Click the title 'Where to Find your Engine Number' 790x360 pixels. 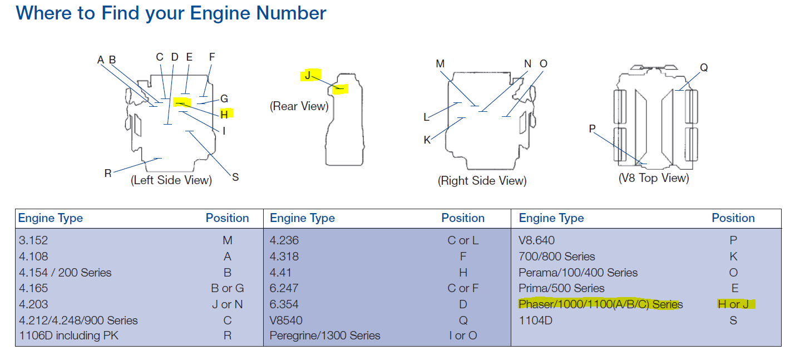pyautogui.click(x=171, y=13)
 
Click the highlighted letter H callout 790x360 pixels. pyautogui.click(x=224, y=114)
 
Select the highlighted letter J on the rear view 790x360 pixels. pyautogui.click(x=308, y=75)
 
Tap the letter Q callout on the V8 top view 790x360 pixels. pyautogui.click(x=704, y=67)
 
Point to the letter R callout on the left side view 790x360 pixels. pyautogui.click(x=108, y=173)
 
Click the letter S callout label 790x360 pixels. pyautogui.click(x=235, y=177)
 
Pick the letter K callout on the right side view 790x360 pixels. pyautogui.click(x=427, y=140)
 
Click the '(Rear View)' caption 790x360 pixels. pyautogui.click(x=299, y=106)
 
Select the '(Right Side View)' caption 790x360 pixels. pyautogui.click(x=482, y=181)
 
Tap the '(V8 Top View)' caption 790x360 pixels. pyautogui.click(x=654, y=178)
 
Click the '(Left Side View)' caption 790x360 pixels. pyautogui.click(x=171, y=180)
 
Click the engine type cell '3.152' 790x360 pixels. pyautogui.click(x=33, y=240)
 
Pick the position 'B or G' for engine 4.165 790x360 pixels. pyautogui.click(x=232, y=288)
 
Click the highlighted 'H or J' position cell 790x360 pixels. pyautogui.click(x=733, y=304)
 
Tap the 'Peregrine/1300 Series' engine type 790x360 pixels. pyautogui.click(x=325, y=336)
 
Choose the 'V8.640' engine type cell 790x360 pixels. pyautogui.click(x=536, y=240)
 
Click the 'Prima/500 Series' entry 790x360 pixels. pyautogui.click(x=561, y=288)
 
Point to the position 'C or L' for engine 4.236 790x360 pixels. pyautogui.click(x=463, y=240)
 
